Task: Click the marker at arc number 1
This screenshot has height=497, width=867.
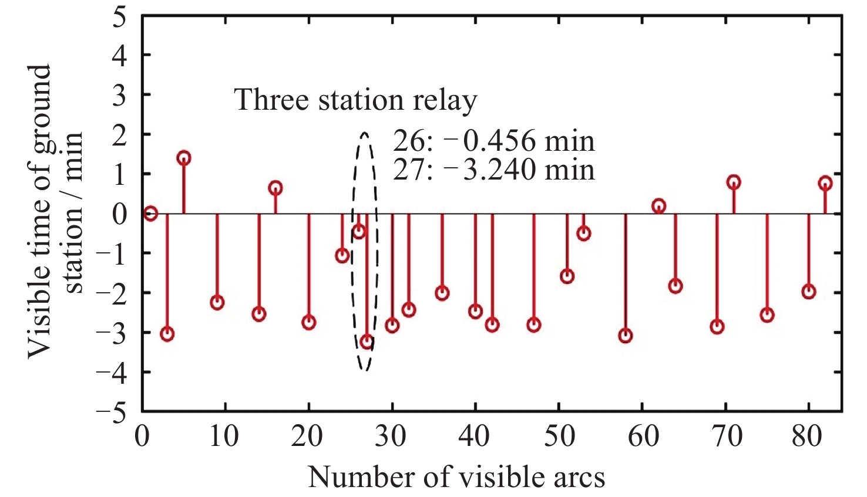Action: (x=150, y=214)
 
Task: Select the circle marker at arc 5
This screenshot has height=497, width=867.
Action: (x=184, y=158)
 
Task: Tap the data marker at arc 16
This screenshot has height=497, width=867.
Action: (x=275, y=188)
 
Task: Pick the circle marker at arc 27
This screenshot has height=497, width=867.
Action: (x=367, y=342)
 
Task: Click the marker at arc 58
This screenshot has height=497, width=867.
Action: (x=626, y=336)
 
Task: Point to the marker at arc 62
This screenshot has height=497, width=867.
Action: (x=658, y=206)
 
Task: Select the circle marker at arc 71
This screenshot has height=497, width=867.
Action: (x=734, y=182)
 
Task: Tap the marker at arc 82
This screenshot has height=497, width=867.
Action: (x=825, y=183)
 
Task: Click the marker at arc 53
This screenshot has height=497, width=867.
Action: (x=583, y=234)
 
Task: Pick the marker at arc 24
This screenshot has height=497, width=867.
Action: (x=342, y=255)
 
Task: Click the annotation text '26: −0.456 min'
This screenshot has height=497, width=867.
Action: (x=493, y=141)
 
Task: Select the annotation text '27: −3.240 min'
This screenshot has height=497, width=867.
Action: (x=493, y=170)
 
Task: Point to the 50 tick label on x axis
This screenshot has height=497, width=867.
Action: (x=558, y=437)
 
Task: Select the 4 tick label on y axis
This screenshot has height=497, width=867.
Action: (x=120, y=56)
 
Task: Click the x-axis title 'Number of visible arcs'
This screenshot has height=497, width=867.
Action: (x=456, y=477)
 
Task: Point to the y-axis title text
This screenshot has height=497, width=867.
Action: (x=56, y=211)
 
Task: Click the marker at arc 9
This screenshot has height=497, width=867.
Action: (x=217, y=303)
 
